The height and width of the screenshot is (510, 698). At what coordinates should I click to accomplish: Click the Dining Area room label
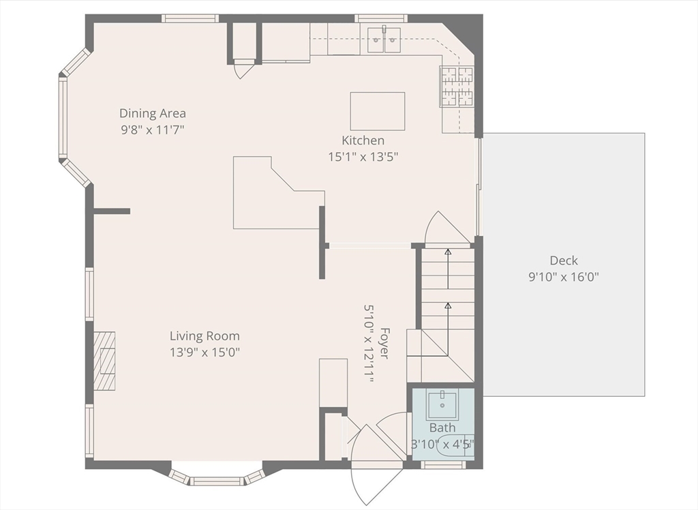click(152, 113)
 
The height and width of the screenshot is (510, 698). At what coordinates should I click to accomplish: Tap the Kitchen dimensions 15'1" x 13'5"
click(363, 157)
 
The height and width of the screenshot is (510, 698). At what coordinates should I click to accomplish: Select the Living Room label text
click(204, 336)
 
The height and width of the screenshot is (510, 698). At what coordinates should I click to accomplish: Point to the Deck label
click(564, 260)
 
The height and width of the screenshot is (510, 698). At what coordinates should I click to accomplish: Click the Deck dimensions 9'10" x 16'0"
click(564, 277)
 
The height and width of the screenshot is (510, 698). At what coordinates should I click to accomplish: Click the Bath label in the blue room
click(442, 427)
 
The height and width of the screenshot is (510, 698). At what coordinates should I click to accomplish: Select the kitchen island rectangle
click(378, 111)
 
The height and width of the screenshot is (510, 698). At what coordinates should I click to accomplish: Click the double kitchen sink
click(384, 40)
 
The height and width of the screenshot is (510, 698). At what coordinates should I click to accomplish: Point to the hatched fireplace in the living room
click(104, 361)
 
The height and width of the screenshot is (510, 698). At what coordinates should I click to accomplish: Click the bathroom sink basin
click(442, 403)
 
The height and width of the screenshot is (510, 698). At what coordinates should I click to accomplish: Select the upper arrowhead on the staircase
click(449, 252)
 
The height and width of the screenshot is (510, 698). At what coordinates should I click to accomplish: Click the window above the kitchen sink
click(381, 18)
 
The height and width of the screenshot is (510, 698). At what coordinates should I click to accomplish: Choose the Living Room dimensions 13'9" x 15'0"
click(204, 352)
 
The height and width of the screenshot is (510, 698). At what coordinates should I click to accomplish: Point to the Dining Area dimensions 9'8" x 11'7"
click(152, 130)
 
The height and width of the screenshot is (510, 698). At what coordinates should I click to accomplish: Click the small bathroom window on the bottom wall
click(443, 465)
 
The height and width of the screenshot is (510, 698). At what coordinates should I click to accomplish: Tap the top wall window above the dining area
click(190, 18)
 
